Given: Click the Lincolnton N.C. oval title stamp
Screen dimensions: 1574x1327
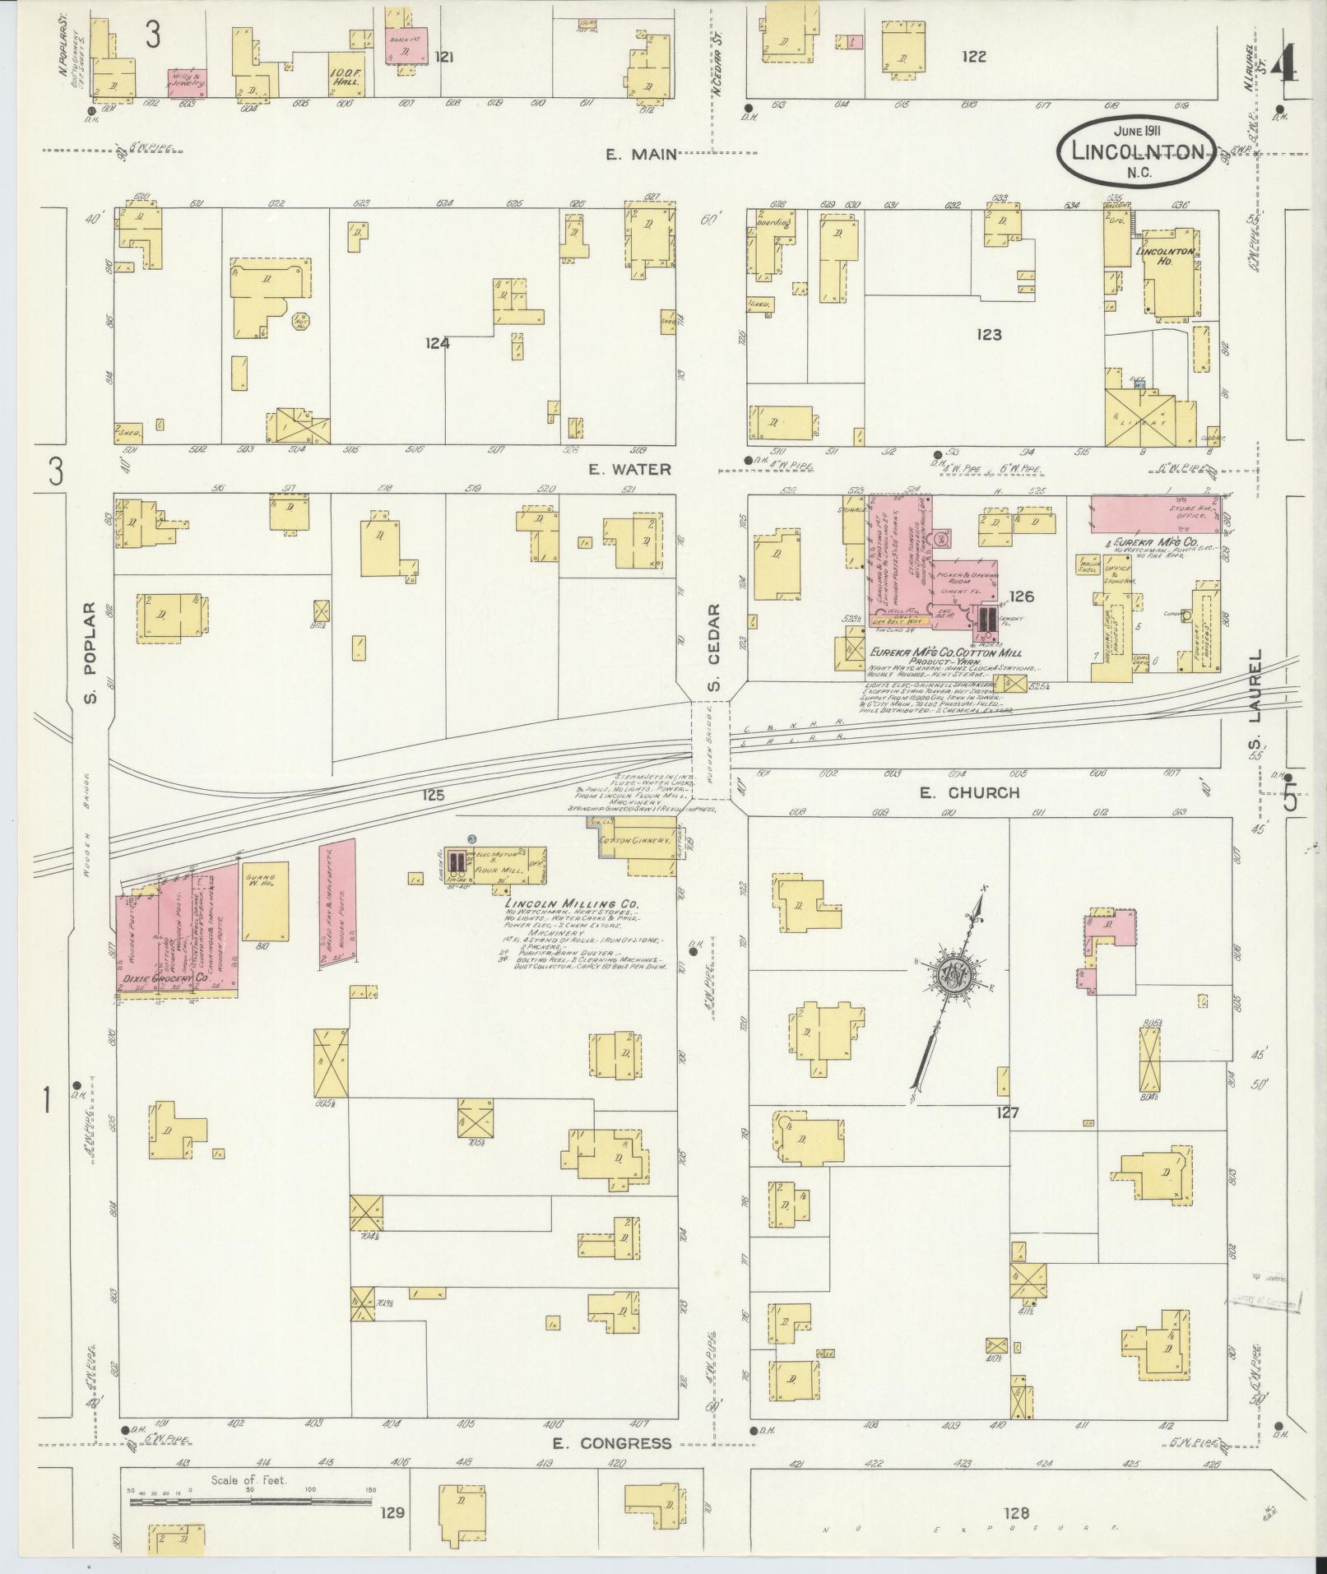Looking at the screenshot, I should (x=1136, y=151).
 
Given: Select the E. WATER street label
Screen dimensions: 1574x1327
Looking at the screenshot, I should (x=631, y=470).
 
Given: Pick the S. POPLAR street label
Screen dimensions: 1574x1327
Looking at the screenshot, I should (x=90, y=653).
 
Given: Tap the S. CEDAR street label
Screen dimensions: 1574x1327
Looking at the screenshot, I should (x=714, y=648).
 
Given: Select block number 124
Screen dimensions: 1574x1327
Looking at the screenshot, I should (x=437, y=344).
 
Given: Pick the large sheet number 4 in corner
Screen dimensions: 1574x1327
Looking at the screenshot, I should (x=1281, y=62).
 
